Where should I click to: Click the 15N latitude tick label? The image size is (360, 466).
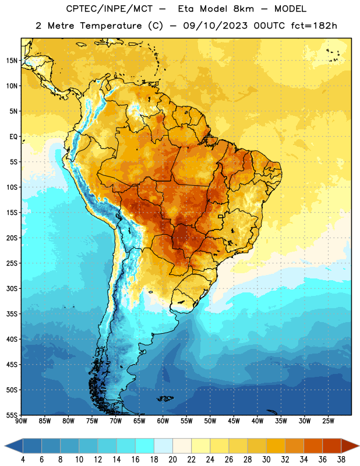pos(12,61)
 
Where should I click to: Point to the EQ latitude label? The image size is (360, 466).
pos(13,137)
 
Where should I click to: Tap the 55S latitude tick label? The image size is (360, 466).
pos(12,415)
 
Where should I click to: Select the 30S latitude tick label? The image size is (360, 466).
pos(12,288)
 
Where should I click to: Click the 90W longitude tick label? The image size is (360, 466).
pos(21,421)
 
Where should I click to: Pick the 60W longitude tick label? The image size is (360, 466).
pos(163,421)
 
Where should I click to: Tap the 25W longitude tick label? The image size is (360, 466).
pos(328,421)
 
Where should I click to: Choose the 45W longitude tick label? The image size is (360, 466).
pos(234,421)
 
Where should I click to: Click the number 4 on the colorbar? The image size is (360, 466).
pos(23,460)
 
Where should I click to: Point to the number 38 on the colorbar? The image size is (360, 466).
pos(341,460)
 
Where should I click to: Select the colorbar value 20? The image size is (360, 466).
pos(172,460)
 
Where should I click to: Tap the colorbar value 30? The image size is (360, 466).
pos(266,460)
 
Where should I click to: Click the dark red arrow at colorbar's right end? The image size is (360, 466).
pos(350,446)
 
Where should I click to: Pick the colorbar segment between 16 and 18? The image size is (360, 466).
pos(144,446)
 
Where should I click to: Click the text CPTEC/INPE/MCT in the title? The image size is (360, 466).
pos(109,9)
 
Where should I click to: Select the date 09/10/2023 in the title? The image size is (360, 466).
pos(215,26)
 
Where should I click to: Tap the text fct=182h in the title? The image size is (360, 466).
pos(314,26)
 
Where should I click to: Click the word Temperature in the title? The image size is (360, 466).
pos(111,26)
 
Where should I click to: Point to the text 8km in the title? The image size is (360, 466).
pos(243,9)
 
